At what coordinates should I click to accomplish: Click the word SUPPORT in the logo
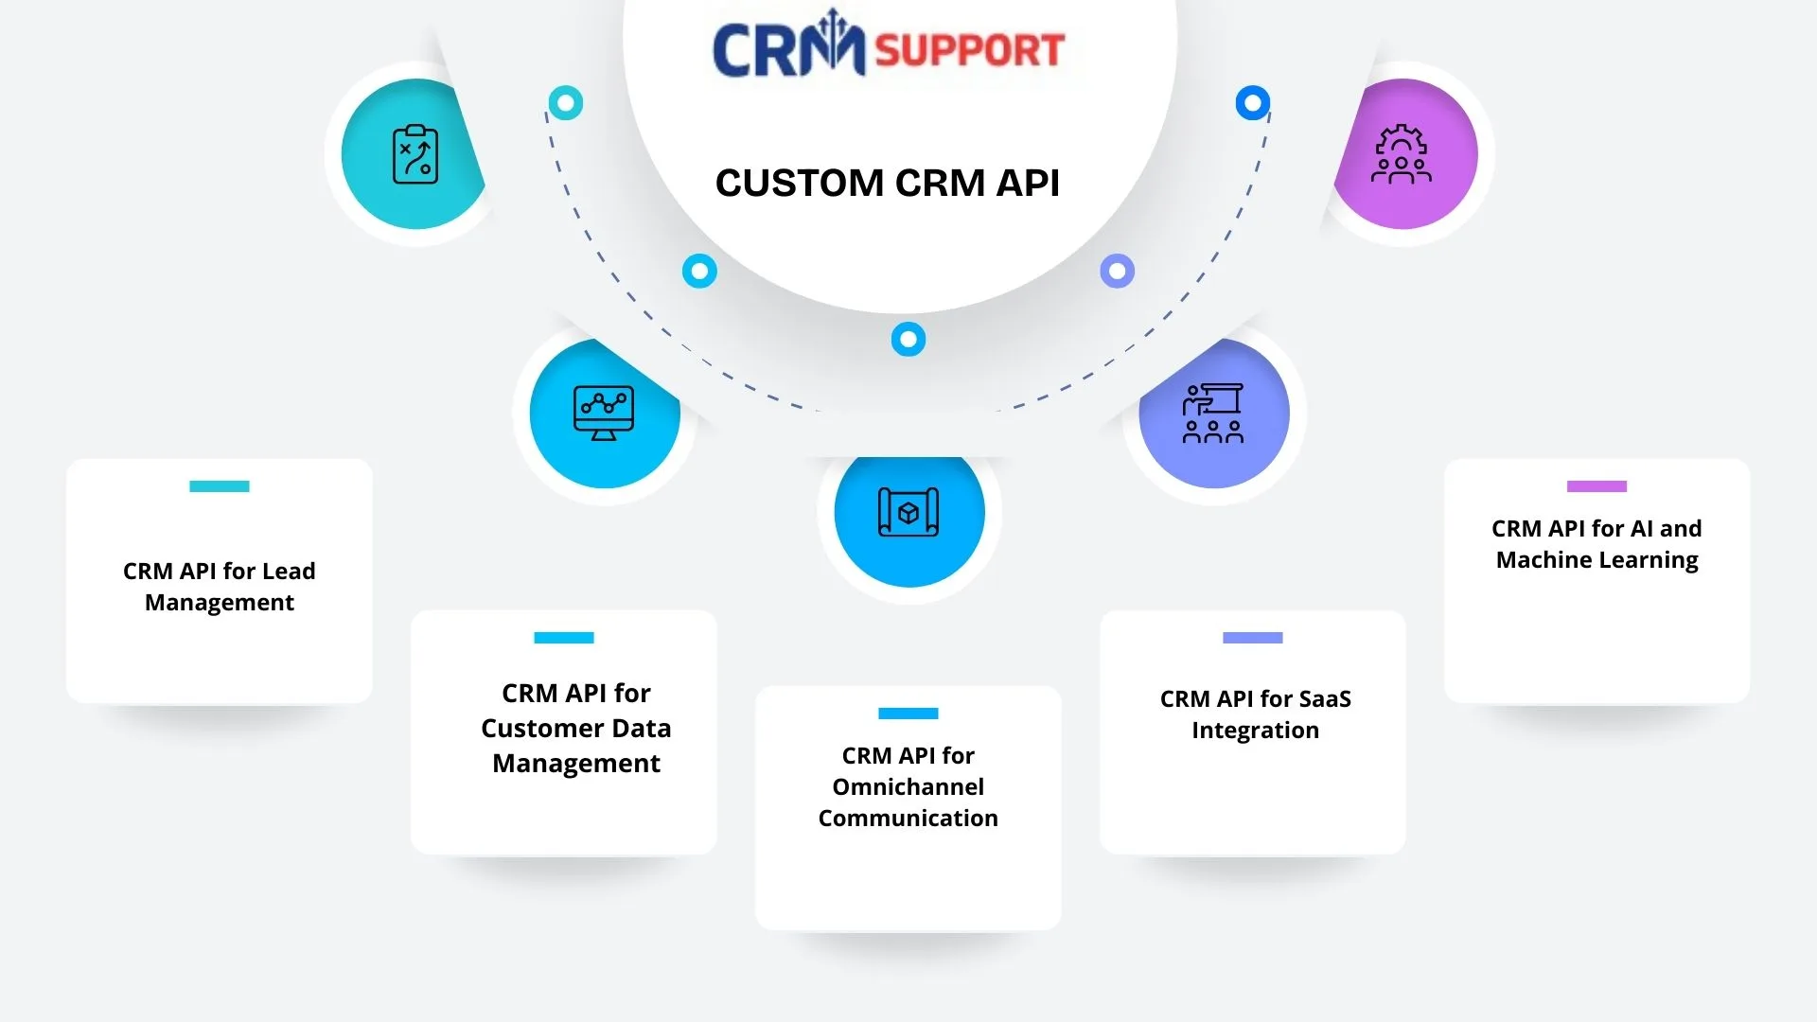point(969,50)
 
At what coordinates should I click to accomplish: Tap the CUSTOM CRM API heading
point(887,183)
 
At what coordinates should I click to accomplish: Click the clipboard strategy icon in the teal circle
point(415,154)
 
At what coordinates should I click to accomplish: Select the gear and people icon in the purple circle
point(1402,154)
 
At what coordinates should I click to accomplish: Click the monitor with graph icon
point(604,413)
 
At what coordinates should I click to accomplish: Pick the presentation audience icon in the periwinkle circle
point(1213,413)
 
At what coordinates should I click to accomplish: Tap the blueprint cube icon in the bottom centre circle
point(908,513)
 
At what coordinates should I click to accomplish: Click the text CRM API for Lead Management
point(220,587)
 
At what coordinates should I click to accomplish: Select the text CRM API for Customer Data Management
point(575,728)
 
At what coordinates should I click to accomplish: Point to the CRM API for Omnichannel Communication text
point(908,786)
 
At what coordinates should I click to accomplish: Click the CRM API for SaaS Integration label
point(1255,714)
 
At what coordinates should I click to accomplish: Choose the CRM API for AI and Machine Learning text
point(1596,544)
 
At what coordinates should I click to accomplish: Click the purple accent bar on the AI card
point(1596,486)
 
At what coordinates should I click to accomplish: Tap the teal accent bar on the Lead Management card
point(220,486)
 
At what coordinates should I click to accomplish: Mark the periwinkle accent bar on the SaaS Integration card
point(1252,638)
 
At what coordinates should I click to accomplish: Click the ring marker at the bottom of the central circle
point(908,339)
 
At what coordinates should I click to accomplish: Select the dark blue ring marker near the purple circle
point(1252,102)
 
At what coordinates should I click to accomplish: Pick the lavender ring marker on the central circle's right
point(1117,272)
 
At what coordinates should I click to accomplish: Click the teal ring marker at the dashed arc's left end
point(566,102)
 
